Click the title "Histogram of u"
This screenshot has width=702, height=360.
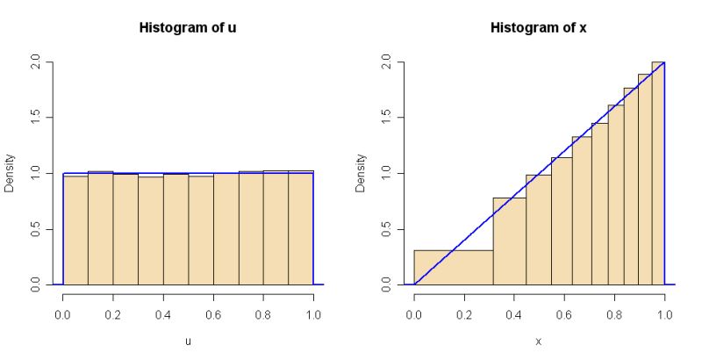click(188, 27)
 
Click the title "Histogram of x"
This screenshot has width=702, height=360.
click(539, 27)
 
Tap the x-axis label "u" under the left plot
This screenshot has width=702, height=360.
click(188, 341)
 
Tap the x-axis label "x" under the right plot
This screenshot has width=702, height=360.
click(539, 341)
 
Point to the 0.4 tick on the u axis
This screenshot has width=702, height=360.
click(163, 313)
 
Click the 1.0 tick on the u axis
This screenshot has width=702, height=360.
click(313, 313)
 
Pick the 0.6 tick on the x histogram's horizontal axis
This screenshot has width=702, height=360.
click(564, 313)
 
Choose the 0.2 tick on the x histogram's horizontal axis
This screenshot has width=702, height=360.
click(464, 313)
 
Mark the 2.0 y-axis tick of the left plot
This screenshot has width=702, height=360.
click(36, 62)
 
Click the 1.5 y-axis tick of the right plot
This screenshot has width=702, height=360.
click(387, 118)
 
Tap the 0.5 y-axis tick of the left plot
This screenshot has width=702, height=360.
click(36, 229)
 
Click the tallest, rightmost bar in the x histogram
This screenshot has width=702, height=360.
click(658, 176)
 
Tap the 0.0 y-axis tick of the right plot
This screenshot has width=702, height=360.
click(387, 284)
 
